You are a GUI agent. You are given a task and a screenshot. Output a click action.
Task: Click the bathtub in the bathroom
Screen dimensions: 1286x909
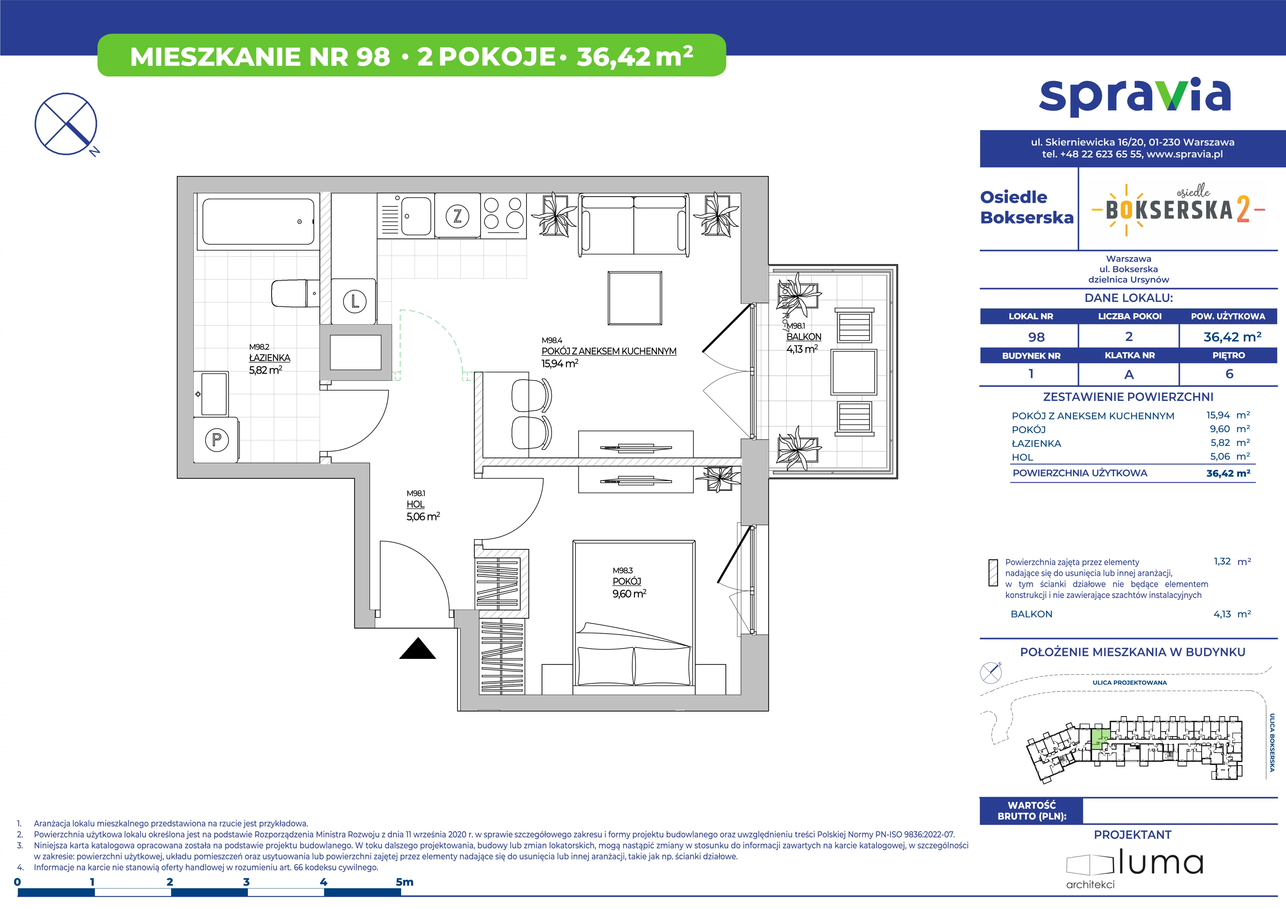[258, 222]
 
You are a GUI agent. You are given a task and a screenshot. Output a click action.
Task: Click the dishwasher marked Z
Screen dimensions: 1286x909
[457, 216]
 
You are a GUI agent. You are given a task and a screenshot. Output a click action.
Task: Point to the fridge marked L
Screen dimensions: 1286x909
[354, 301]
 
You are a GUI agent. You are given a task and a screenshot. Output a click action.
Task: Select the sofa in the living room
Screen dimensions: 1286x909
[634, 225]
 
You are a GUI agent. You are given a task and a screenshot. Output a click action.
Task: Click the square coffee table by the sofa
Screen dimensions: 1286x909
[635, 298]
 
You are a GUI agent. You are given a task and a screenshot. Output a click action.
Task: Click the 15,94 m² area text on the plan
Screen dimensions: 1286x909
[560, 363]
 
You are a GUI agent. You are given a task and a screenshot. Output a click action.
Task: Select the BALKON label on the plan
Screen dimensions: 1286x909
[804, 336]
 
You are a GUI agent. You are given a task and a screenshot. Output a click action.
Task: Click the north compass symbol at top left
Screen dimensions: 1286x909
[66, 124]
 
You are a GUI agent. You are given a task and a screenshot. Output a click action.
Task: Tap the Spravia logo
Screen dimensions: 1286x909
[1135, 97]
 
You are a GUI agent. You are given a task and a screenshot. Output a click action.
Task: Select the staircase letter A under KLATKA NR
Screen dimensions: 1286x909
[1129, 374]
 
